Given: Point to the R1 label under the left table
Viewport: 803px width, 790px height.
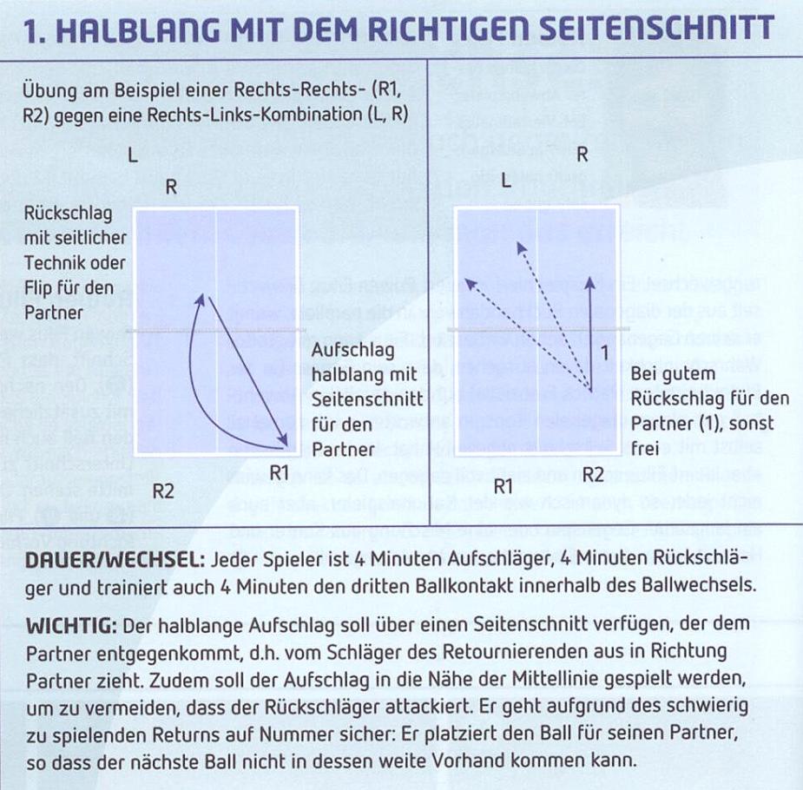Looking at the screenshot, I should point(280,472).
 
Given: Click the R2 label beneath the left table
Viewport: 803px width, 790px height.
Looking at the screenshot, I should point(164,491).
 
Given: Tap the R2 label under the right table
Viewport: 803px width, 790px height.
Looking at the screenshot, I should point(593,474).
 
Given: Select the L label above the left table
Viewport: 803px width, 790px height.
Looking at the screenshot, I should point(132,157).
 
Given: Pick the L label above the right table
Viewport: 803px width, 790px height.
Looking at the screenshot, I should point(506,181).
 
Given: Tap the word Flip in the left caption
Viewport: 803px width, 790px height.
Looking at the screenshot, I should point(43,287).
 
